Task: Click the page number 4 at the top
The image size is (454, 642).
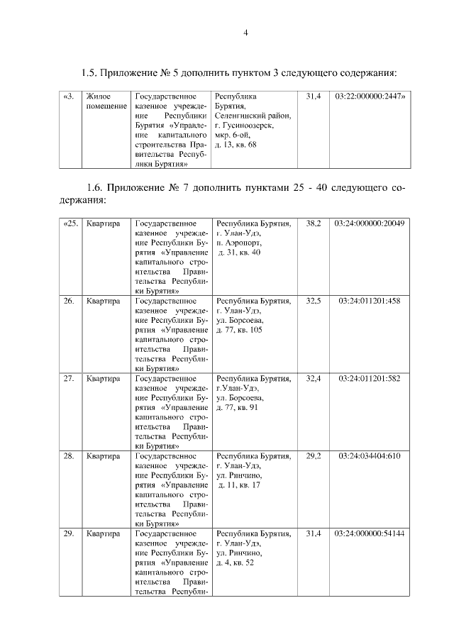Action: tap(245, 32)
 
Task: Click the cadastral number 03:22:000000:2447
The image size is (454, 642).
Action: tap(369, 96)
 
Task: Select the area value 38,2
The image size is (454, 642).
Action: tap(313, 223)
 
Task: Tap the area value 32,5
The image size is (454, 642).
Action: tap(313, 301)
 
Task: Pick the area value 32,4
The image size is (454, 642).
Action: tap(313, 378)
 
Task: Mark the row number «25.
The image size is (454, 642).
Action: tap(70, 223)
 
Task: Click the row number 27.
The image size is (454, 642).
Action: tap(69, 378)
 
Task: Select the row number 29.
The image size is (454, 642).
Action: tap(69, 533)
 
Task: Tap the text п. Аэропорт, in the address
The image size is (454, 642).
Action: tap(238, 243)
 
